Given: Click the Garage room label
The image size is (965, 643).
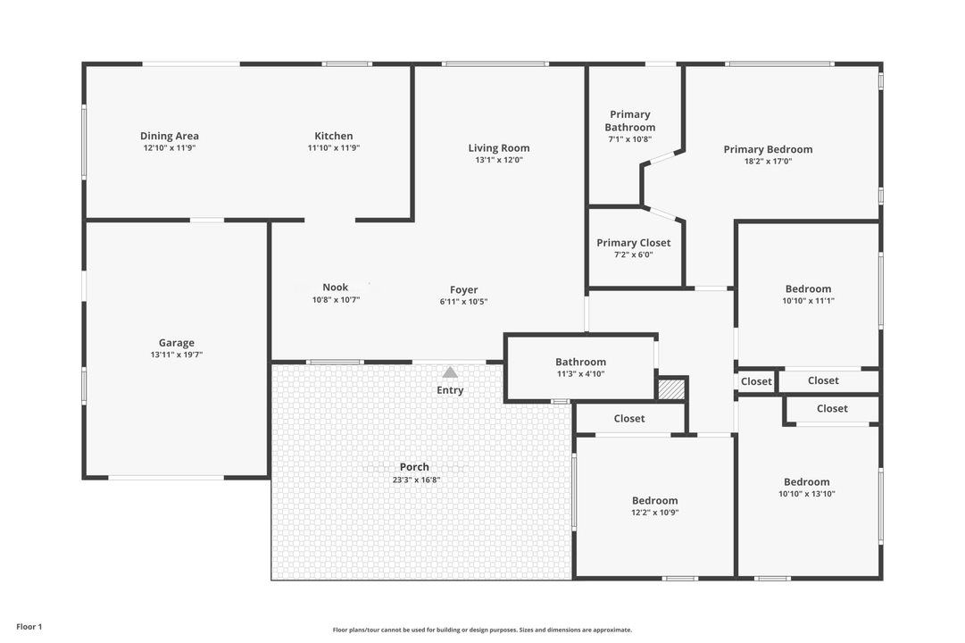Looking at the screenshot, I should pos(177,343).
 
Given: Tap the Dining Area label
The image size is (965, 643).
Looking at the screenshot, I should pos(170,137).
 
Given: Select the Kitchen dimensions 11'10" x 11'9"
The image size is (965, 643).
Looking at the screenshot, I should pos(334,148).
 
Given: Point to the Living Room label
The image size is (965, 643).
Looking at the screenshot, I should pos(499,148).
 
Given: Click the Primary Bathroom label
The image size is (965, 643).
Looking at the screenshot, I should pos(630,121).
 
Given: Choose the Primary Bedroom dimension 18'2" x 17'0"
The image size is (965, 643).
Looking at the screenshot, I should pos(768,162).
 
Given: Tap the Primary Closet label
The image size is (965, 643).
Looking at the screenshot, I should pos(634,243).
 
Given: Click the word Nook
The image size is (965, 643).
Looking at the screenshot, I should pos(336,288).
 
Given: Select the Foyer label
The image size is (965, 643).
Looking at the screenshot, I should pos(464,290).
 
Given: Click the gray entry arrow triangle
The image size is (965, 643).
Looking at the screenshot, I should pos(450,372).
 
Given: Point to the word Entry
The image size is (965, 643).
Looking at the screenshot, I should pos(450,390).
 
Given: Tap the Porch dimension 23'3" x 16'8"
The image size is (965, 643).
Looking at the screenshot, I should pos(414,480).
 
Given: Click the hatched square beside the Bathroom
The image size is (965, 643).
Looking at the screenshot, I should pos(670,389).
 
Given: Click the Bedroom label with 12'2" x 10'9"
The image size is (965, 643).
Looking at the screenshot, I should pos(655,501).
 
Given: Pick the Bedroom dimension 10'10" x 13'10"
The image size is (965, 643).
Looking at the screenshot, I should pos(807,494).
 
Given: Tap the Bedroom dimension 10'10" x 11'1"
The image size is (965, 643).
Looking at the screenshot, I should pos(808,301).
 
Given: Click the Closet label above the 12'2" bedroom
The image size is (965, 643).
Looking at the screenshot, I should pos(629,419).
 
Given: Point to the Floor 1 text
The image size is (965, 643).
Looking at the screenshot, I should pos(29,627).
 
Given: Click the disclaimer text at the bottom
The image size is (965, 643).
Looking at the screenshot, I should pos(482,630).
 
